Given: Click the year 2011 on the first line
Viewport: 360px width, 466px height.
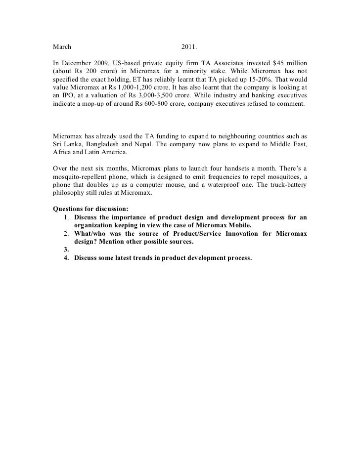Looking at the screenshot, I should [x=189, y=47].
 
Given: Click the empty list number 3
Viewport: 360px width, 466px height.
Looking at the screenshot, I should [x=66, y=250].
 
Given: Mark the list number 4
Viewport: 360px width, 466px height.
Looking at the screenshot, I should [x=66, y=258].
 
